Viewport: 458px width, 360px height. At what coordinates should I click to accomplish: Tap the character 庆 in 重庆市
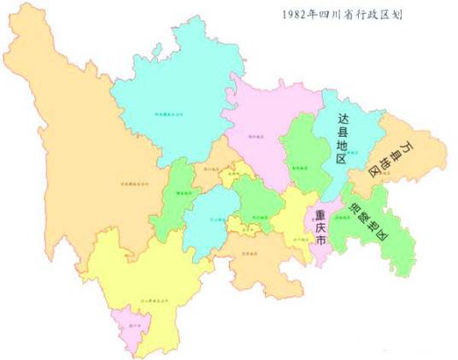(x=320, y=228)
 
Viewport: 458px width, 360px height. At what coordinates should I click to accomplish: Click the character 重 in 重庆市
(x=320, y=214)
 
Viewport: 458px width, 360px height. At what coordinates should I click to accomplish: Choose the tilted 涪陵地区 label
(x=370, y=225)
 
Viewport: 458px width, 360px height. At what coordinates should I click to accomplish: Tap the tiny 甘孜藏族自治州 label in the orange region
(x=134, y=181)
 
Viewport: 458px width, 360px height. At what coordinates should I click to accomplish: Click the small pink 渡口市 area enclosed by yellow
(x=130, y=326)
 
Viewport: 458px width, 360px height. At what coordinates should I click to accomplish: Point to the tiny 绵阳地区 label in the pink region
(x=255, y=135)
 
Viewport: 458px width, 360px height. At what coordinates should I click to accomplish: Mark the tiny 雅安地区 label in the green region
(x=184, y=194)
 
